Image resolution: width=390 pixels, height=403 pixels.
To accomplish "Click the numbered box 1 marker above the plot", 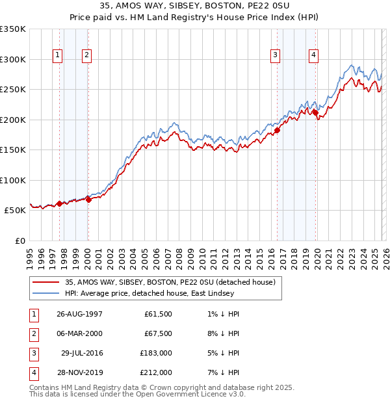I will point(58,56).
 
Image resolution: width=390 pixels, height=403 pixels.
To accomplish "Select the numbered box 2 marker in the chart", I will point(86,56).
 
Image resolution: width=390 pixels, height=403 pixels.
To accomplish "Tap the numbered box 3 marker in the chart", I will point(276,56).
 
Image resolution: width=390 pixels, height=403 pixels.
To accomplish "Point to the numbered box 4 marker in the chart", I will point(313,56).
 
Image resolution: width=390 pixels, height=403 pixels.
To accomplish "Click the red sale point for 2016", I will point(277,130).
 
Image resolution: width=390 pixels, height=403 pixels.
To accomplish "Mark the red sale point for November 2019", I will point(315,112).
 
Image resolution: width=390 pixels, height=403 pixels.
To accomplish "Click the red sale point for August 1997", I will point(60,203).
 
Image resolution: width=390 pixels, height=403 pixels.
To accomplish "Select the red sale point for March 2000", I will point(88,200).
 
